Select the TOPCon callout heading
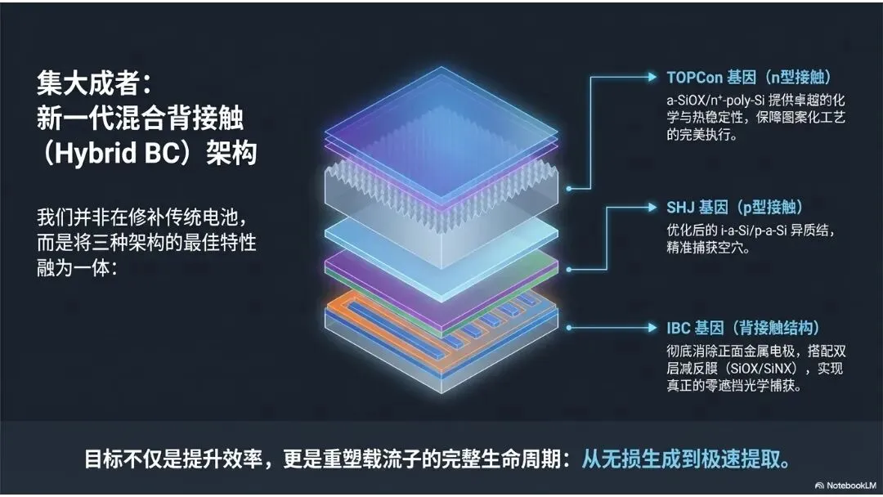[748, 78]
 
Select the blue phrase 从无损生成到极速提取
[685, 459]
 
